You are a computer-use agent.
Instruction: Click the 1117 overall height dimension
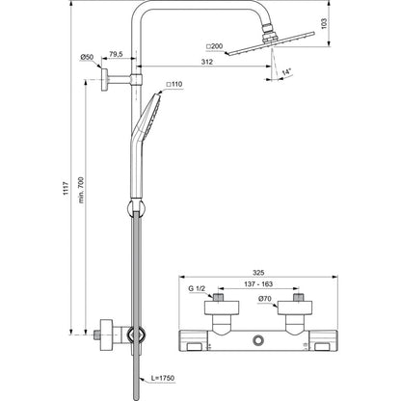[x=66, y=189]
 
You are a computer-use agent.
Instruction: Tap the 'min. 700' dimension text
[x=81, y=190]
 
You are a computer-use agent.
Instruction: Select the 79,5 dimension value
[x=116, y=54]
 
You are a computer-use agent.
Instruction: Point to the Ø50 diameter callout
[x=87, y=57]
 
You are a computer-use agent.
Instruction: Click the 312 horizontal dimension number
[x=207, y=62]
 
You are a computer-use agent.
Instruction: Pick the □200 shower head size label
[x=214, y=46]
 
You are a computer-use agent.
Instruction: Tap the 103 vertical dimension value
[x=324, y=23]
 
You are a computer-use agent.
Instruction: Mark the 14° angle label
[x=286, y=72]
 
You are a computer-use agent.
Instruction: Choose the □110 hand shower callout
[x=174, y=84]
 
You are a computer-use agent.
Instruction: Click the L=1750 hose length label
[x=163, y=378]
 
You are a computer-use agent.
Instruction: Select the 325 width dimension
[x=258, y=273]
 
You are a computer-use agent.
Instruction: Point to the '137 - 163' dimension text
[x=258, y=284]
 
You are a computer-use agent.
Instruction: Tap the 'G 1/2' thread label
[x=197, y=289]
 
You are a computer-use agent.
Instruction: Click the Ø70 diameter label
[x=265, y=299]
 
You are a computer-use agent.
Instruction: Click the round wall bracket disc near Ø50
[x=104, y=79]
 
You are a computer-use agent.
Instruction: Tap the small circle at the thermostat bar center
[x=258, y=340]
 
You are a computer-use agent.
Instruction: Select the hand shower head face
[x=151, y=116]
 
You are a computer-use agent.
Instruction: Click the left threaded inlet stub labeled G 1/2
[x=218, y=297]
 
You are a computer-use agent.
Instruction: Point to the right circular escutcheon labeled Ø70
[x=295, y=307]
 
